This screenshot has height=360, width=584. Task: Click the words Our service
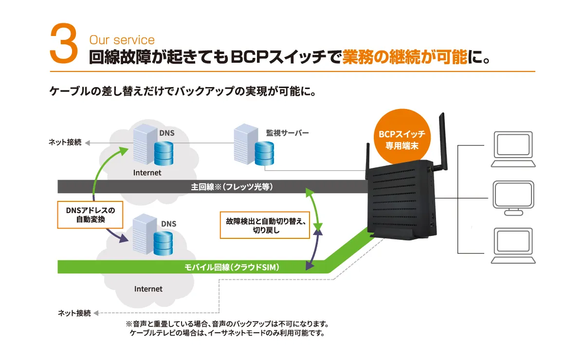[x=122, y=40]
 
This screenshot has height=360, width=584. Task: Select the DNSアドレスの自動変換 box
[x=90, y=215]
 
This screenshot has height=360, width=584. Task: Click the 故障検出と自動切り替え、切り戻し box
[x=265, y=225]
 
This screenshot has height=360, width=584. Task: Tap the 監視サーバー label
[x=287, y=132]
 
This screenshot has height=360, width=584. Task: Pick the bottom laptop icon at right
[x=512, y=246]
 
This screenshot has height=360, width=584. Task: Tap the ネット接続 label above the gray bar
[x=65, y=143]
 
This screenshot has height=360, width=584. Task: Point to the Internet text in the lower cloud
[x=148, y=289]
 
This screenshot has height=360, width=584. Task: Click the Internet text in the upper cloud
[x=147, y=173]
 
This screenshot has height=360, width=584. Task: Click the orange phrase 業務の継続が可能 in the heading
[x=404, y=57]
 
